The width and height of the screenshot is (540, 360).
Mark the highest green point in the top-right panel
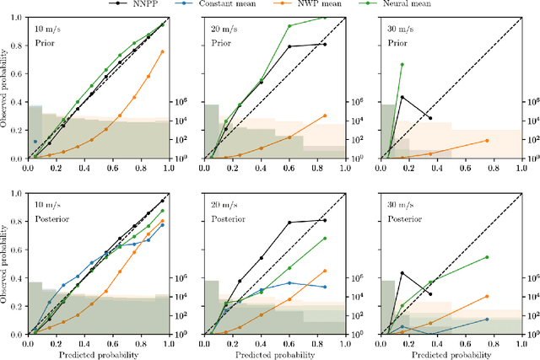(x=402, y=64)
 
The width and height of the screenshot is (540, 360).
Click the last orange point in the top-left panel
(x=162, y=52)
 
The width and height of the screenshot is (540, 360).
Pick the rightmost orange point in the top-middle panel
(x=324, y=116)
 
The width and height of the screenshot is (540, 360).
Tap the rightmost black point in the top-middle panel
(x=324, y=44)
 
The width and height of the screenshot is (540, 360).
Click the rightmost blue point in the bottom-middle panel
(x=324, y=287)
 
